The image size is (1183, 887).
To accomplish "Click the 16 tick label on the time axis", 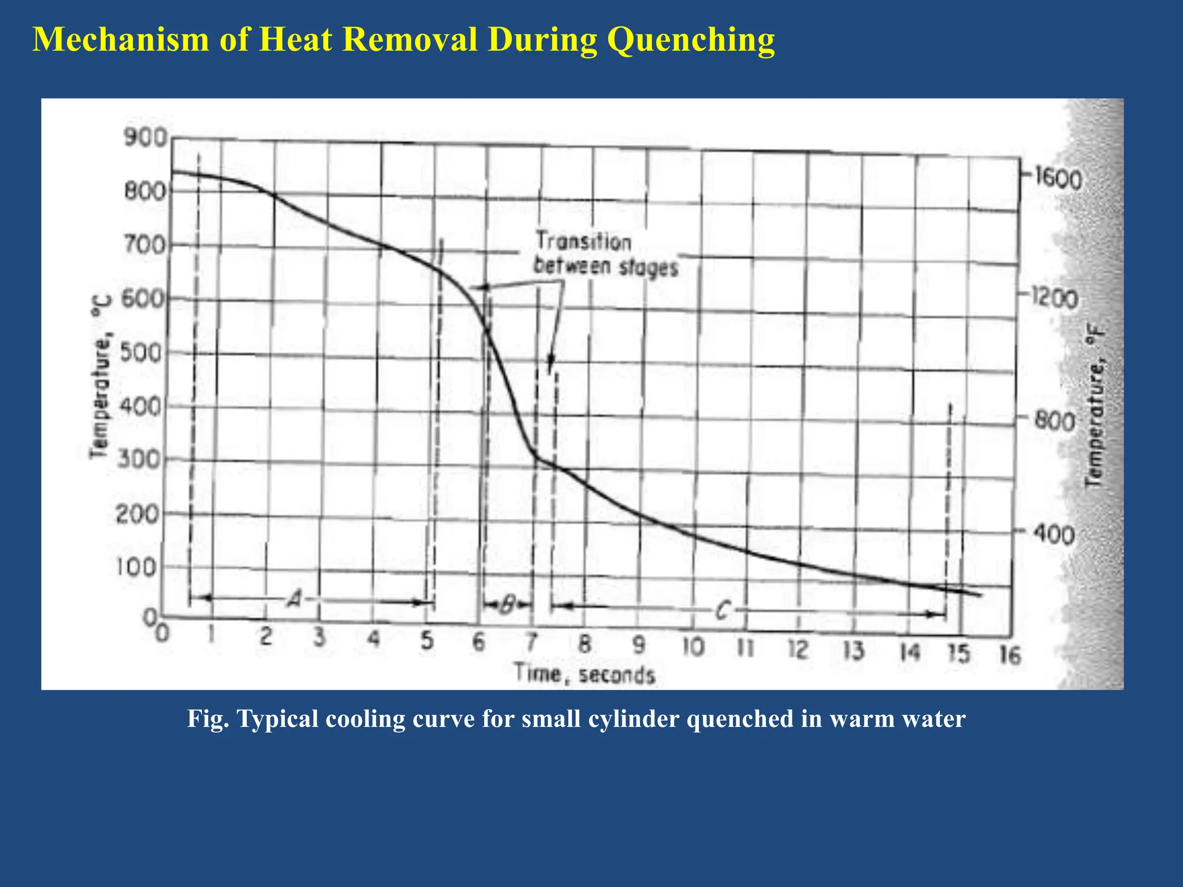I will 1010,656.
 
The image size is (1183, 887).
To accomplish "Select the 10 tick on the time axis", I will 693,647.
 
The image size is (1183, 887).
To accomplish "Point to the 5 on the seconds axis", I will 427,640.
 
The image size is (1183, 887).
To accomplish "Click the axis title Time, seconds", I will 585,674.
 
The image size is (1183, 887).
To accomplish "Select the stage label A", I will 295,600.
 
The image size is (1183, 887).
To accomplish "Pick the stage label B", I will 507,605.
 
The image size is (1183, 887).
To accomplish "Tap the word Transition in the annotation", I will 583,241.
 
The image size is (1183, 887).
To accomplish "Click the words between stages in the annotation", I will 605,267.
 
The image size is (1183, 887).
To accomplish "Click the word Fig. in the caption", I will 209,719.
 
